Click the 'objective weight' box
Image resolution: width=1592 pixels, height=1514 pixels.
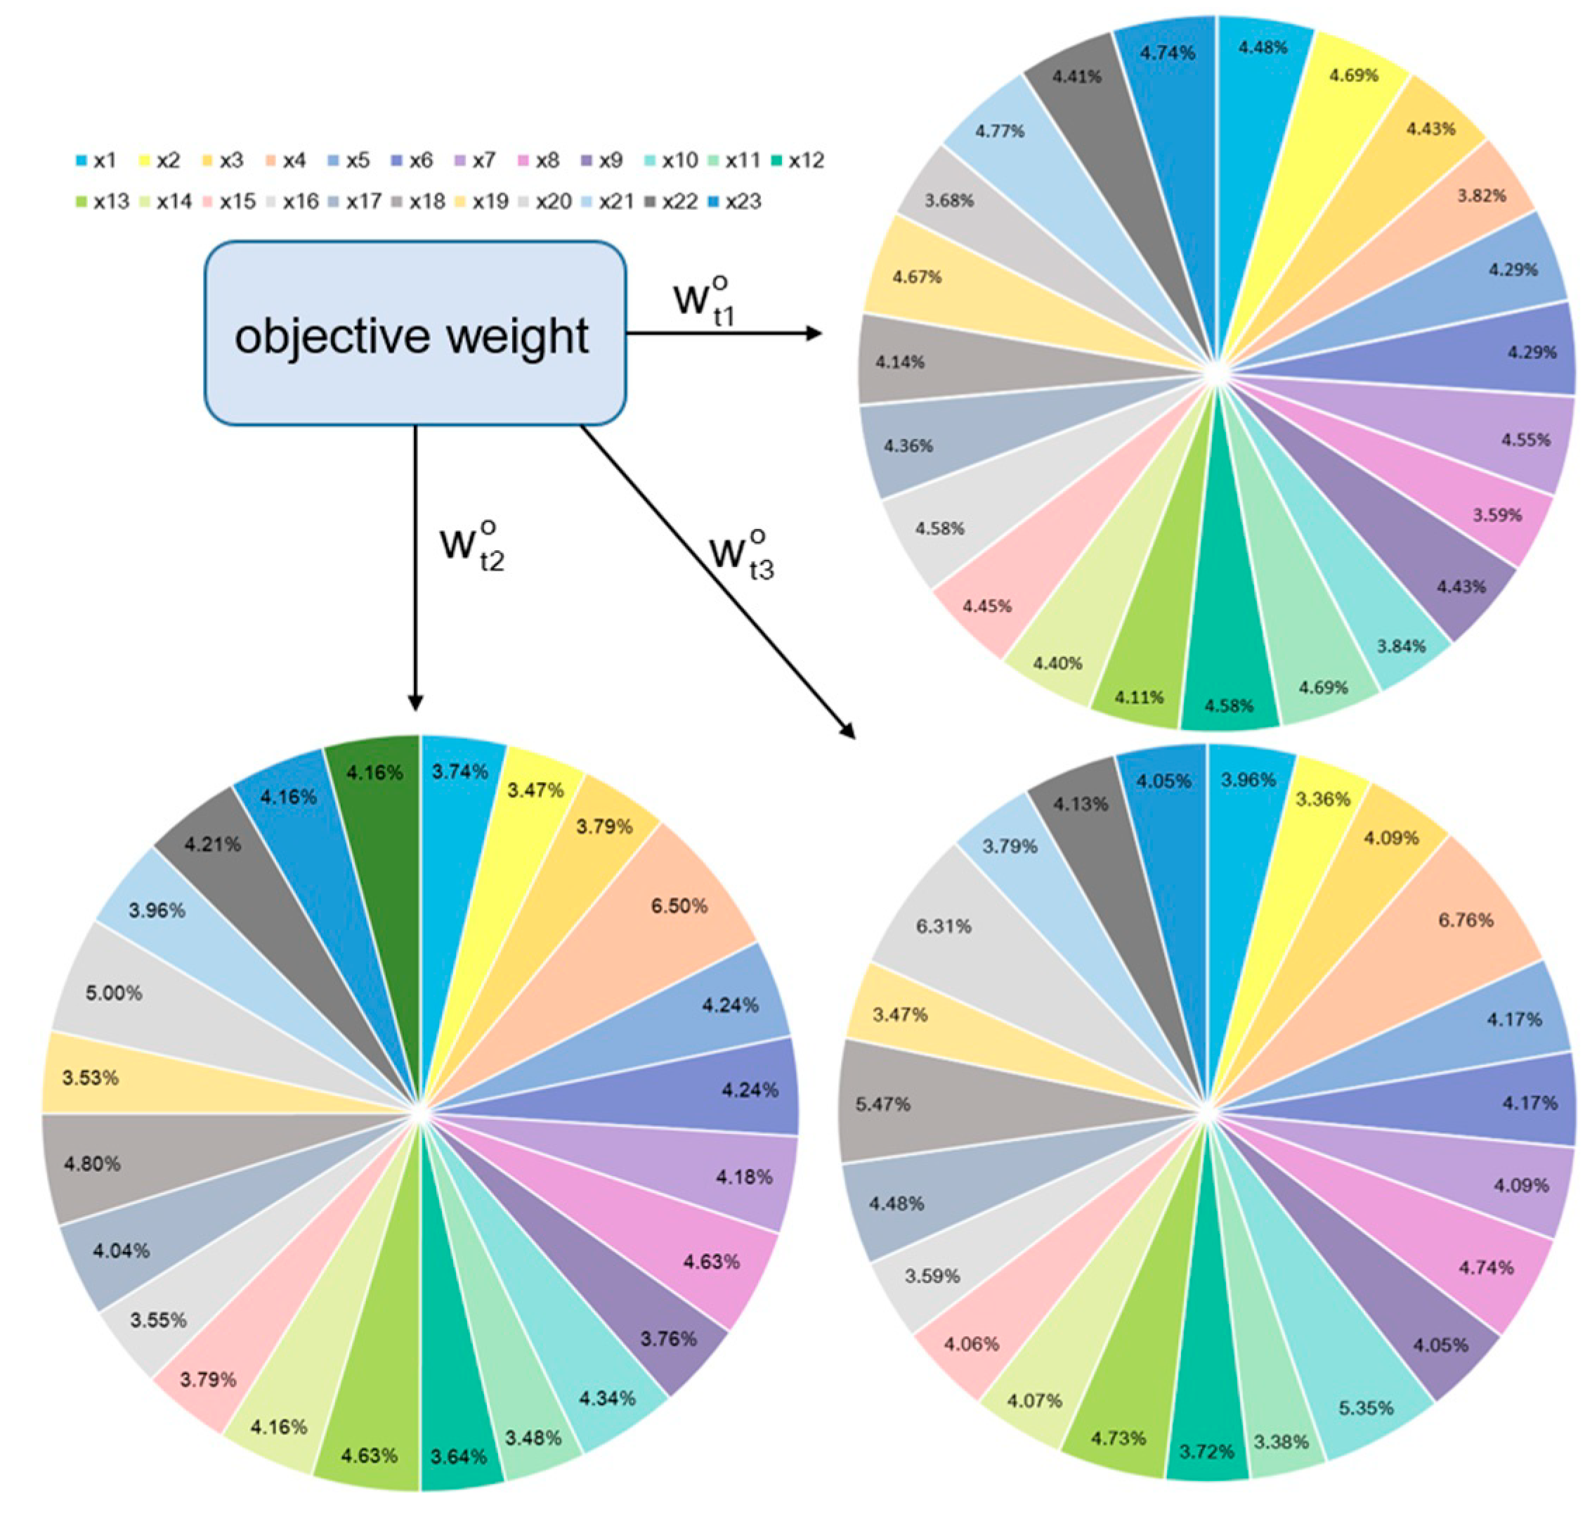pyautogui.click(x=414, y=333)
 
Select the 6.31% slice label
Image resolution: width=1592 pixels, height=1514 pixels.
pyautogui.click(x=944, y=926)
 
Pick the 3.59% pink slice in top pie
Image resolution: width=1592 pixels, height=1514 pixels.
pyautogui.click(x=1495, y=515)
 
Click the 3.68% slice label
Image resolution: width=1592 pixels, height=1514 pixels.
pyautogui.click(x=949, y=200)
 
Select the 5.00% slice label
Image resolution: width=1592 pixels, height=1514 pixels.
pyautogui.click(x=114, y=993)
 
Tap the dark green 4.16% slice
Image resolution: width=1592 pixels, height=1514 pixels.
pyautogui.click(x=374, y=773)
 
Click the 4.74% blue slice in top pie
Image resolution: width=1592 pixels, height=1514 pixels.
pyautogui.click(x=1167, y=53)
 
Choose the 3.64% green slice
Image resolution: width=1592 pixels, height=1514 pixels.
pyautogui.click(x=458, y=1456)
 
